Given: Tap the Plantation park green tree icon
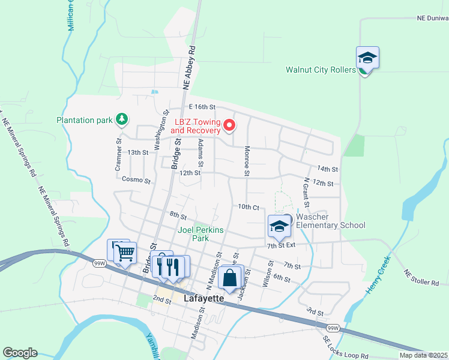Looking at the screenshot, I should point(122,119).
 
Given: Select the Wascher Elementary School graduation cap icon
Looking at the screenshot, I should point(279,226).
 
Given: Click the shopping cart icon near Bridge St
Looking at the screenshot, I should point(125,253).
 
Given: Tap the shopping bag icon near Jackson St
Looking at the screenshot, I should point(230,278).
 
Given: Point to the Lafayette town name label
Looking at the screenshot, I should point(204,298).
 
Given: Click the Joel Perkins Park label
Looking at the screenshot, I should point(201,234).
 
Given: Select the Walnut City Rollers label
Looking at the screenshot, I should point(321,70).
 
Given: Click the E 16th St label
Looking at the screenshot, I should point(201,107).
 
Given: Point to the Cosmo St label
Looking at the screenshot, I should point(135,179).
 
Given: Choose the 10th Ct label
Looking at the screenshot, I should point(248,207).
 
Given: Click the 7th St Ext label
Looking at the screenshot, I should point(282,245).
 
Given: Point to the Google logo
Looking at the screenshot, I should point(20,353).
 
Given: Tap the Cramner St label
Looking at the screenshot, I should point(119,157).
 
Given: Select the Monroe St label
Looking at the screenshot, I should point(246,161).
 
